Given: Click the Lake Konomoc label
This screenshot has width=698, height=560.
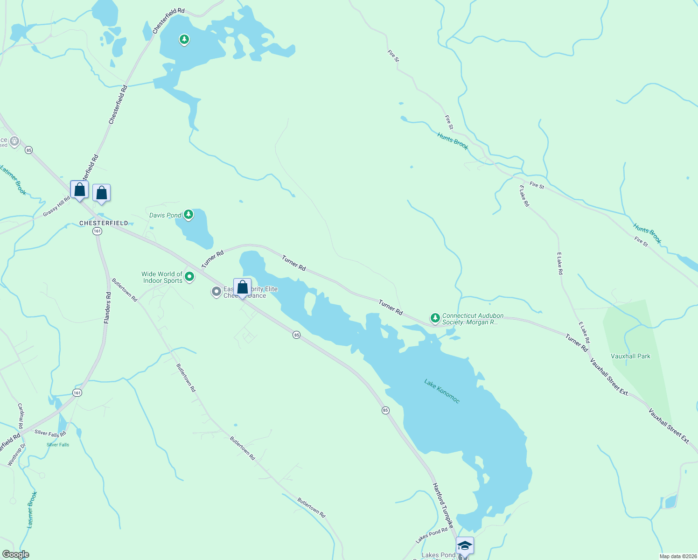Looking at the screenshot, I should click(442, 391).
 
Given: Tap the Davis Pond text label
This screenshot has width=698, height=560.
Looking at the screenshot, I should click(165, 215).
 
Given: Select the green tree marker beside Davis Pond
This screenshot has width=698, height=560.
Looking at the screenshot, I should click(188, 215).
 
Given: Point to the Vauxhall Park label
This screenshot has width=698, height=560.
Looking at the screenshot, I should click(630, 356).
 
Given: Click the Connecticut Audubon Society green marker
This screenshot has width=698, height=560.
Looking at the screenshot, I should click(435, 318).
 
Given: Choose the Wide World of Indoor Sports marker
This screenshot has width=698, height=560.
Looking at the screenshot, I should click(189, 277).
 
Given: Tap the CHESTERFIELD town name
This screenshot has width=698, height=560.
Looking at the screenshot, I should click(104, 223).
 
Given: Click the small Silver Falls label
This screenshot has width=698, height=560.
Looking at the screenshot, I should click(58, 445).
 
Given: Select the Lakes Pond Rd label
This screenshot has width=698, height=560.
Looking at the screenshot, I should click(432, 535).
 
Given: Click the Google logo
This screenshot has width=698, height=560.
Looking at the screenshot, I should click(16, 554).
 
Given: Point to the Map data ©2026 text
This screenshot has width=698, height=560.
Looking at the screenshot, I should click(677, 556).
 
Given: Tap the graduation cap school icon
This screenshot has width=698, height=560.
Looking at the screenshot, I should click(465, 546).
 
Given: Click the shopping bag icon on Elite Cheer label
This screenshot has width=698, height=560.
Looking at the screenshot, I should click(242, 287).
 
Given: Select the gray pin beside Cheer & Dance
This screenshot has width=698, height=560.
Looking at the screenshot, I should click(216, 292).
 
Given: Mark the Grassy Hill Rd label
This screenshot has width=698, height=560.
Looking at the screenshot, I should click(56, 206).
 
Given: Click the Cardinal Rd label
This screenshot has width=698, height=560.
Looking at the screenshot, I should click(21, 416).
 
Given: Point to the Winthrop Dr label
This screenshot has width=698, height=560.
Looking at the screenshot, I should click(16, 455).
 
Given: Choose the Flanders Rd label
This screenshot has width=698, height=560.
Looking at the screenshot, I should click(107, 308).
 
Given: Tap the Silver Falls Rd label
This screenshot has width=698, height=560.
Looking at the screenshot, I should click(50, 433).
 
